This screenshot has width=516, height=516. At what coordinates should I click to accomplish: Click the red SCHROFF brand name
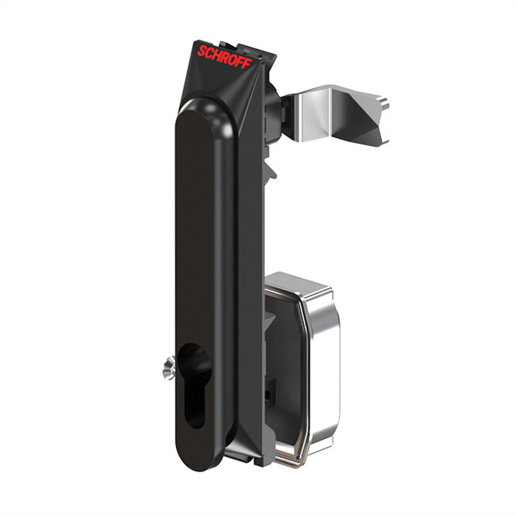[x=228, y=57]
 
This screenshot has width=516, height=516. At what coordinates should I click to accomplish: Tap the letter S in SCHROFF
[x=202, y=50]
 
